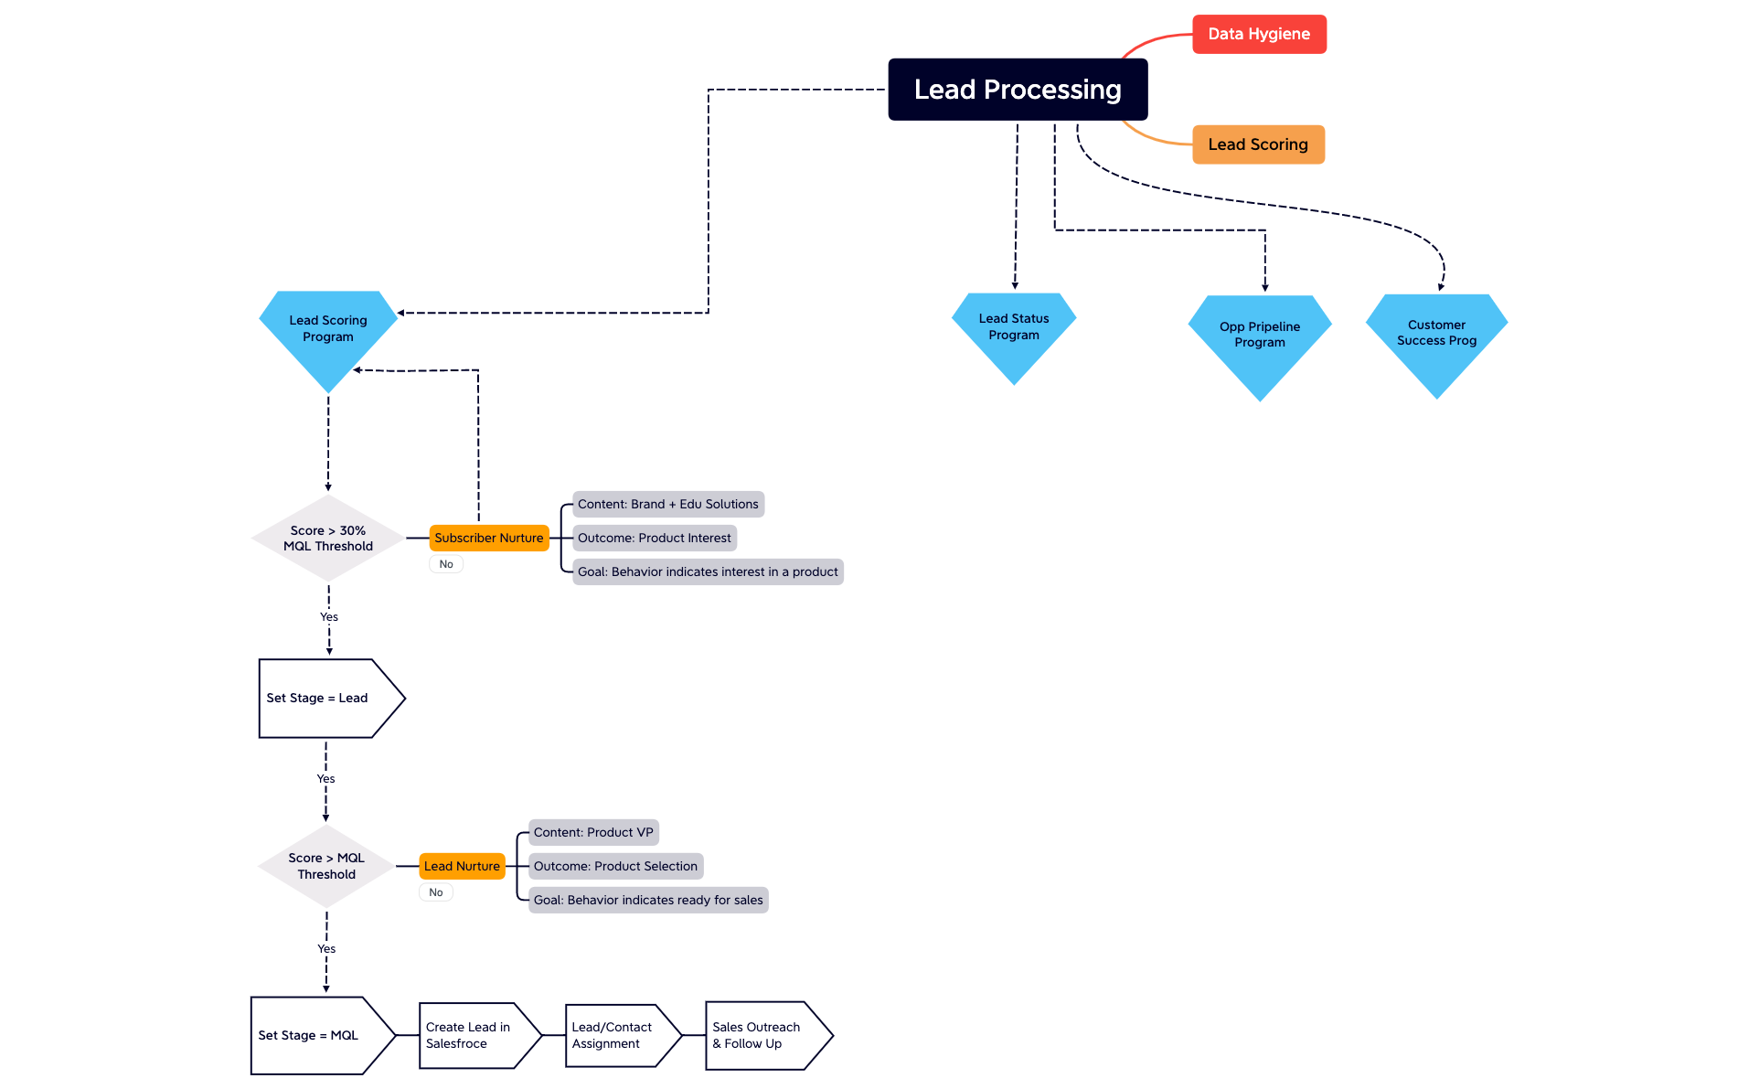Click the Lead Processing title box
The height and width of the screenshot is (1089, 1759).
click(1017, 90)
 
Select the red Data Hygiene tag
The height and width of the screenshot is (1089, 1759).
click(1258, 34)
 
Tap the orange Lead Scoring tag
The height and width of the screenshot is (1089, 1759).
click(1257, 144)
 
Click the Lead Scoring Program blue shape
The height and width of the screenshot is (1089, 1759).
click(327, 329)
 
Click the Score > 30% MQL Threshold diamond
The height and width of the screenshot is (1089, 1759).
click(327, 539)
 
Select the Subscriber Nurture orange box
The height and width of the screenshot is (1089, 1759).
click(488, 538)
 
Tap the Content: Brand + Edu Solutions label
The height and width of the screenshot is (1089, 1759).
click(667, 504)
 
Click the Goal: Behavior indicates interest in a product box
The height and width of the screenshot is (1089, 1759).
click(707, 571)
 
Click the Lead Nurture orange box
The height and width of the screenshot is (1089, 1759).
click(462, 866)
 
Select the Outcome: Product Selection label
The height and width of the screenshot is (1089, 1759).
click(614, 866)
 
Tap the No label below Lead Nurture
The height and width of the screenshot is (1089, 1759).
click(435, 892)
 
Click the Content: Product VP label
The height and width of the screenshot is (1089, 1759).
click(592, 832)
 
